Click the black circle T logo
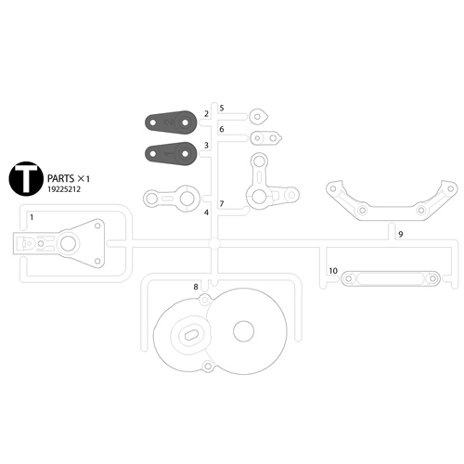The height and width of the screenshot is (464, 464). click(x=26, y=179)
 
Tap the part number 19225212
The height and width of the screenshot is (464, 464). click(x=64, y=189)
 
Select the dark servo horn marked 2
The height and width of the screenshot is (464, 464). click(x=171, y=122)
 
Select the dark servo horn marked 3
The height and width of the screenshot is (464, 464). click(x=171, y=153)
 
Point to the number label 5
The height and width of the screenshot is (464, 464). click(x=222, y=109)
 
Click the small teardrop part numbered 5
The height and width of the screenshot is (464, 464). click(x=258, y=117)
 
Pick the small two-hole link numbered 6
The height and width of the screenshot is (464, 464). click(x=265, y=138)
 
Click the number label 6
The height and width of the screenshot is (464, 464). click(x=222, y=129)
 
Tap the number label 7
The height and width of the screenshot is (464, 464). click(x=222, y=204)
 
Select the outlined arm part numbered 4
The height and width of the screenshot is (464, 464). click(x=172, y=199)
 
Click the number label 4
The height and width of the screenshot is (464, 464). click(x=206, y=213)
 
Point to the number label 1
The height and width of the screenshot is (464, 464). click(x=32, y=217)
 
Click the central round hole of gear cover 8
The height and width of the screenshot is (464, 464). click(x=244, y=331)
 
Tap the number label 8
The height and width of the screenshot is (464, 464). click(x=196, y=287)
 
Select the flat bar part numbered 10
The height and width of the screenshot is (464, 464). click(x=391, y=278)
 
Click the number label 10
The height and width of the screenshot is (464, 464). click(x=333, y=271)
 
